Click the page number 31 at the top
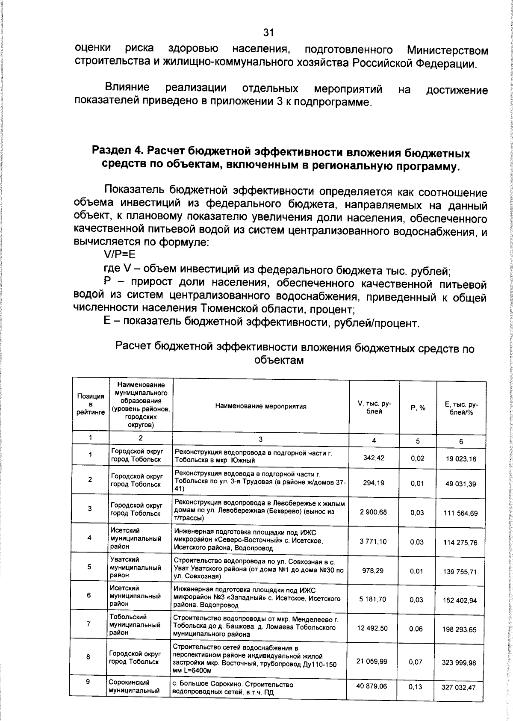pos(268,33)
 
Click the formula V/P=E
pos(119,255)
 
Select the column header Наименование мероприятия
pos(261,406)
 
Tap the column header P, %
pos(418,408)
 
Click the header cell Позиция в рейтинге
pos(91,405)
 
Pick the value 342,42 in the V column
pos(374,458)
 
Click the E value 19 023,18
pos(460,459)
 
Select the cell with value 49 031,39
pos(460,484)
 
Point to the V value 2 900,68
pos(373,512)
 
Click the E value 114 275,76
pos(460,542)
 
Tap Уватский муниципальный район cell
pos(135,567)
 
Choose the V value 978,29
pos(374,571)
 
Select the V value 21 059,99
pos(371,661)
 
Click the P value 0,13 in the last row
pos(415,687)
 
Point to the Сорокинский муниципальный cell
pos(134,686)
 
